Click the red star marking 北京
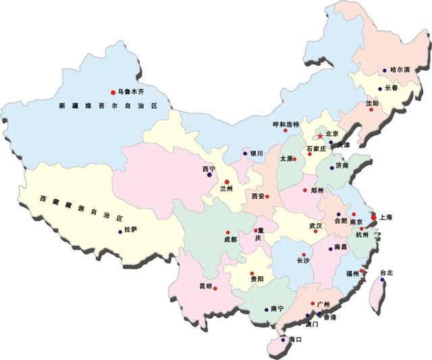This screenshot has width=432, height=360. coord(319,136)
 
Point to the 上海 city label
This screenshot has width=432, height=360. coord(386,217)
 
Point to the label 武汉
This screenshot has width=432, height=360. coord(316,226)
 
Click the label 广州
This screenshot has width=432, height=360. coord(323,305)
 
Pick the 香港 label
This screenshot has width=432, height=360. coord(329,317)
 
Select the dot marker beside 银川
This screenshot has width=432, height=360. coord(245,153)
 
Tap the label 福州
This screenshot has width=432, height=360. coord(352,274)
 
